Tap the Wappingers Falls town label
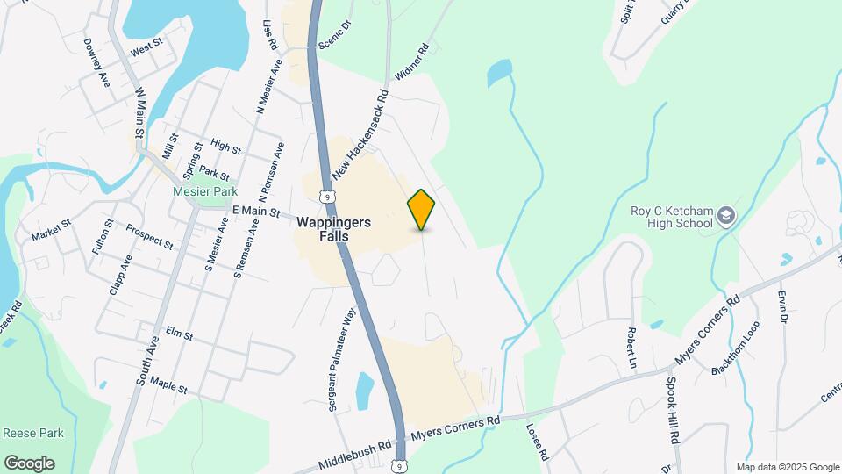333,230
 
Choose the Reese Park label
33,434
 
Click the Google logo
29,463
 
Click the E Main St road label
255,212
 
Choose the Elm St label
180,335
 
